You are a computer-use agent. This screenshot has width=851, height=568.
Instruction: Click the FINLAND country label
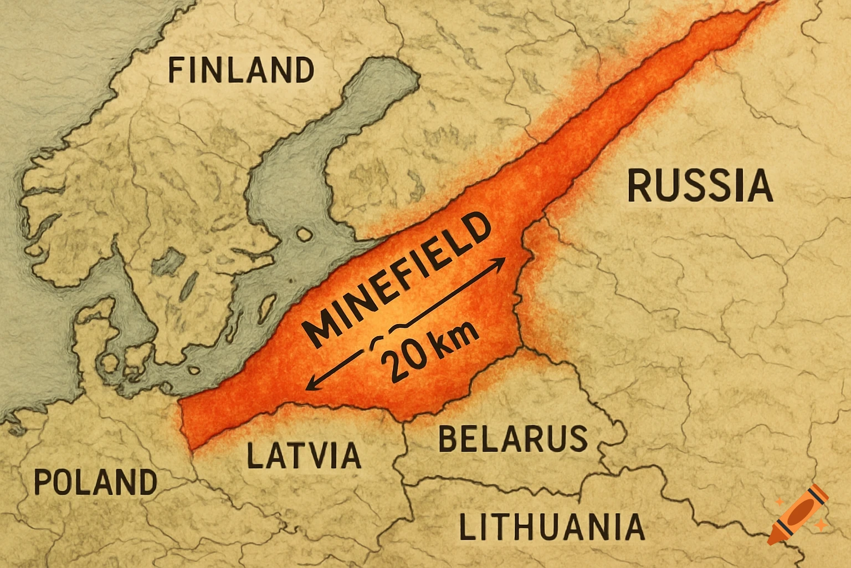[x=241, y=70]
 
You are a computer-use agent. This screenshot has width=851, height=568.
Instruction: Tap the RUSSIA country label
[x=700, y=186]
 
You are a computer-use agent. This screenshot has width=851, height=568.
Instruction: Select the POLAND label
[x=95, y=481]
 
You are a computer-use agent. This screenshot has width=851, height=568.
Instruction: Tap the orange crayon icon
[x=798, y=514]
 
